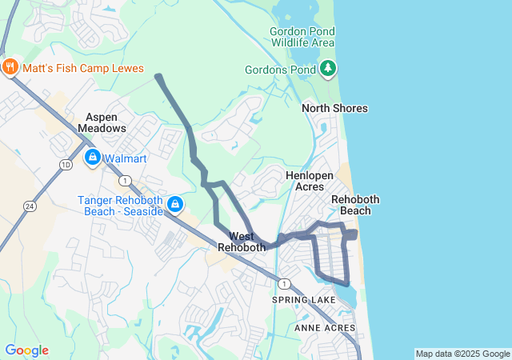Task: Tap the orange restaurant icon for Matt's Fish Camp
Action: click(x=11, y=67)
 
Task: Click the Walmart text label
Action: click(x=125, y=158)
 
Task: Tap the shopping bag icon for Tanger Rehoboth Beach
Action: click(x=174, y=206)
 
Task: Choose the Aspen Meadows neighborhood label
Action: click(x=102, y=122)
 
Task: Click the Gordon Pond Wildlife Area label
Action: click(x=302, y=36)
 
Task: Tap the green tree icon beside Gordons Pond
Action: click(x=327, y=69)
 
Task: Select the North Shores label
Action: click(x=334, y=108)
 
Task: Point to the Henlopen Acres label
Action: click(x=304, y=180)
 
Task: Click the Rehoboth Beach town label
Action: click(x=355, y=205)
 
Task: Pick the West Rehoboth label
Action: click(x=242, y=242)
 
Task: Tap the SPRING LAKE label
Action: click(x=304, y=300)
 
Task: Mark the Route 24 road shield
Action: click(x=30, y=206)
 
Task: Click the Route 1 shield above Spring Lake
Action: click(x=283, y=283)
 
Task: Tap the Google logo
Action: click(x=26, y=350)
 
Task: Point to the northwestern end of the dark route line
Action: click(x=158, y=77)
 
